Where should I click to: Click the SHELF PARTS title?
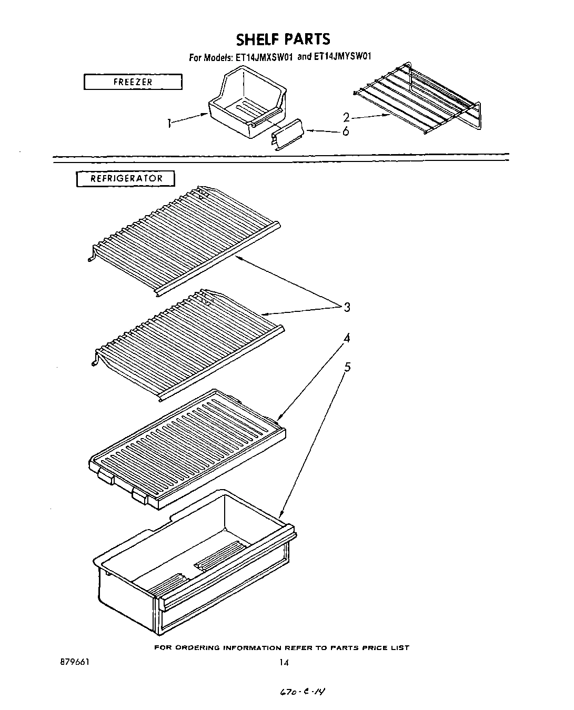(283, 39)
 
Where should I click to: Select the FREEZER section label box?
(133, 82)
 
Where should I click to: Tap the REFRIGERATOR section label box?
(126, 178)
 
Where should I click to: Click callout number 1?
(169, 124)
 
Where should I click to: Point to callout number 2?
(346, 117)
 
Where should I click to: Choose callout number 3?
(347, 307)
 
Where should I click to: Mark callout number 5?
(347, 367)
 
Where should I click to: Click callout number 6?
(346, 131)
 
